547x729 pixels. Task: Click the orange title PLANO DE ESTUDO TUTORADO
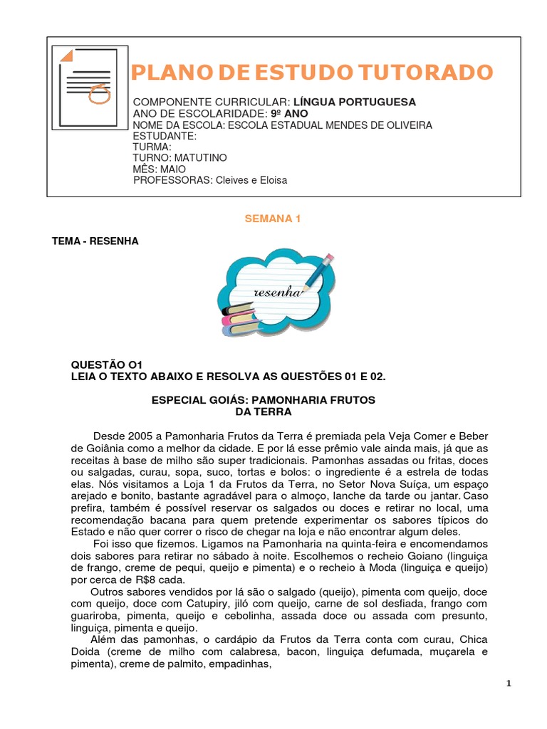(313, 72)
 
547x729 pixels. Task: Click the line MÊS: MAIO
(160, 169)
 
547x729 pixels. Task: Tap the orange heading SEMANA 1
(273, 219)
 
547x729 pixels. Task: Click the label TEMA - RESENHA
(95, 241)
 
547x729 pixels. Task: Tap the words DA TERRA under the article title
(264, 411)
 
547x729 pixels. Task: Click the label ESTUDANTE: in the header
(165, 136)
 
